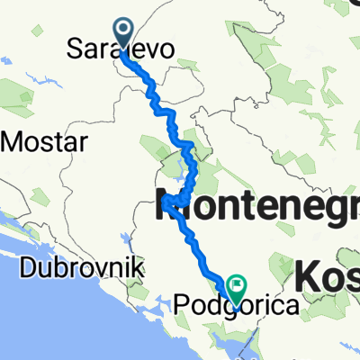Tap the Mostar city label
[x=45, y=142]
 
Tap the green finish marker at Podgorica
[x=237, y=287]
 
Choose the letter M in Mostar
[x=13, y=142]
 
